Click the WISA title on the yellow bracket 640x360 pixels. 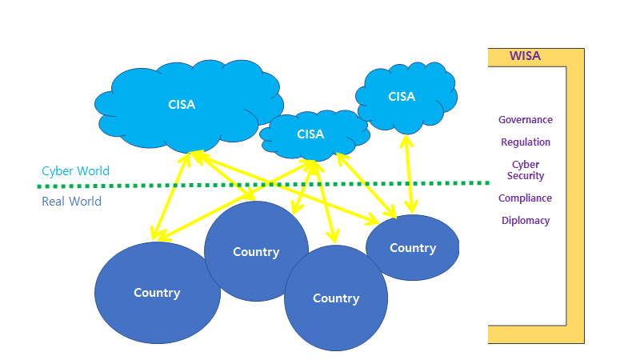(x=526, y=56)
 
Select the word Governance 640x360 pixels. (x=526, y=120)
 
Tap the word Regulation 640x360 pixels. (x=526, y=142)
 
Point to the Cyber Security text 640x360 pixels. (x=526, y=170)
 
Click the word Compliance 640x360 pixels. (x=526, y=198)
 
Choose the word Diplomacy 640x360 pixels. (x=526, y=221)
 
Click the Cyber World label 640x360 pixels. (x=75, y=171)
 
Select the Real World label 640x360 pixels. (x=71, y=202)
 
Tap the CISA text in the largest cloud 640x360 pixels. (x=182, y=104)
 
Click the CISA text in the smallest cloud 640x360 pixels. (x=310, y=134)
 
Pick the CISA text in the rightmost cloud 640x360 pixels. (x=402, y=97)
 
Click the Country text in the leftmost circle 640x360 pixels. (x=157, y=293)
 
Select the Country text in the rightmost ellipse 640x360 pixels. (x=413, y=248)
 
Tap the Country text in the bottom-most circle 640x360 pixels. (x=336, y=298)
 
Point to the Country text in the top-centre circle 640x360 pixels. (x=256, y=252)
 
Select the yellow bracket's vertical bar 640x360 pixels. (x=575, y=200)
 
